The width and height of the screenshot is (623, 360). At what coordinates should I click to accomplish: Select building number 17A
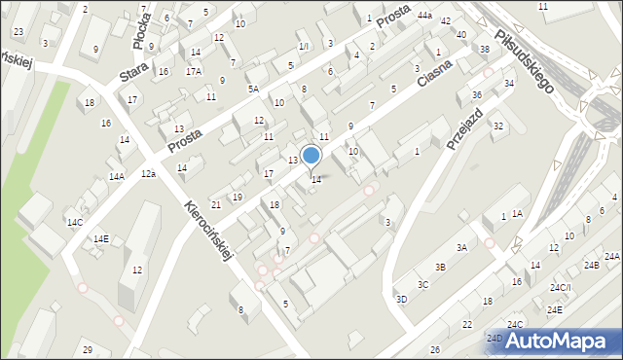(x=194, y=71)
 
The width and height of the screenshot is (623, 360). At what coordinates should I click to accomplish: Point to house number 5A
(x=253, y=90)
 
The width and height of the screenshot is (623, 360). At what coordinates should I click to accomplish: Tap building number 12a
(x=148, y=173)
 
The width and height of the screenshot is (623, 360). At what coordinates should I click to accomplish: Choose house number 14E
(x=101, y=238)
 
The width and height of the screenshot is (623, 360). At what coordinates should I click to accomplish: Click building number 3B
(x=440, y=267)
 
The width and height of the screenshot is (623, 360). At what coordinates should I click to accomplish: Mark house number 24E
(x=555, y=309)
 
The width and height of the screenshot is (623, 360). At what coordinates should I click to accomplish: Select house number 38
(x=485, y=49)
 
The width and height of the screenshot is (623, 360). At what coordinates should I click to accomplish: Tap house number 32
(x=498, y=126)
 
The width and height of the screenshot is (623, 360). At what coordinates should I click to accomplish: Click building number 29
(x=88, y=350)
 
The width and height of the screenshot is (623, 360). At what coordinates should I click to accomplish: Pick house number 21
(x=216, y=204)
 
